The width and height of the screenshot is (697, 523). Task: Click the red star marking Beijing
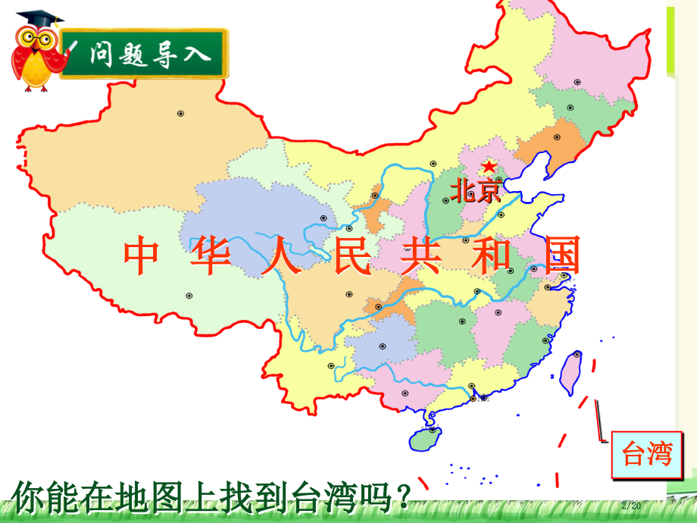(x=489, y=165)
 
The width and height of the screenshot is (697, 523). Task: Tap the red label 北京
(x=476, y=189)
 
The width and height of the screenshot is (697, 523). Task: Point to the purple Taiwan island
(x=571, y=371)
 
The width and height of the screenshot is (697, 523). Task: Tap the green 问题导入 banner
(x=144, y=54)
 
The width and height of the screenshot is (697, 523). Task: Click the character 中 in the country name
(x=141, y=256)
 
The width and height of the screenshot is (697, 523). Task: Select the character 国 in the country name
(x=561, y=256)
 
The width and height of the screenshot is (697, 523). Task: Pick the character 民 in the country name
(x=352, y=256)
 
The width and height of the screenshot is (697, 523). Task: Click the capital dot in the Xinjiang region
(x=180, y=114)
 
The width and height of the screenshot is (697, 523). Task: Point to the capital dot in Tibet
(x=189, y=296)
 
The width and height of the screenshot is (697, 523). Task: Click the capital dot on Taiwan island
(x=577, y=354)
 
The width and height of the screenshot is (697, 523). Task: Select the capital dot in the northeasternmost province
(x=577, y=82)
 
